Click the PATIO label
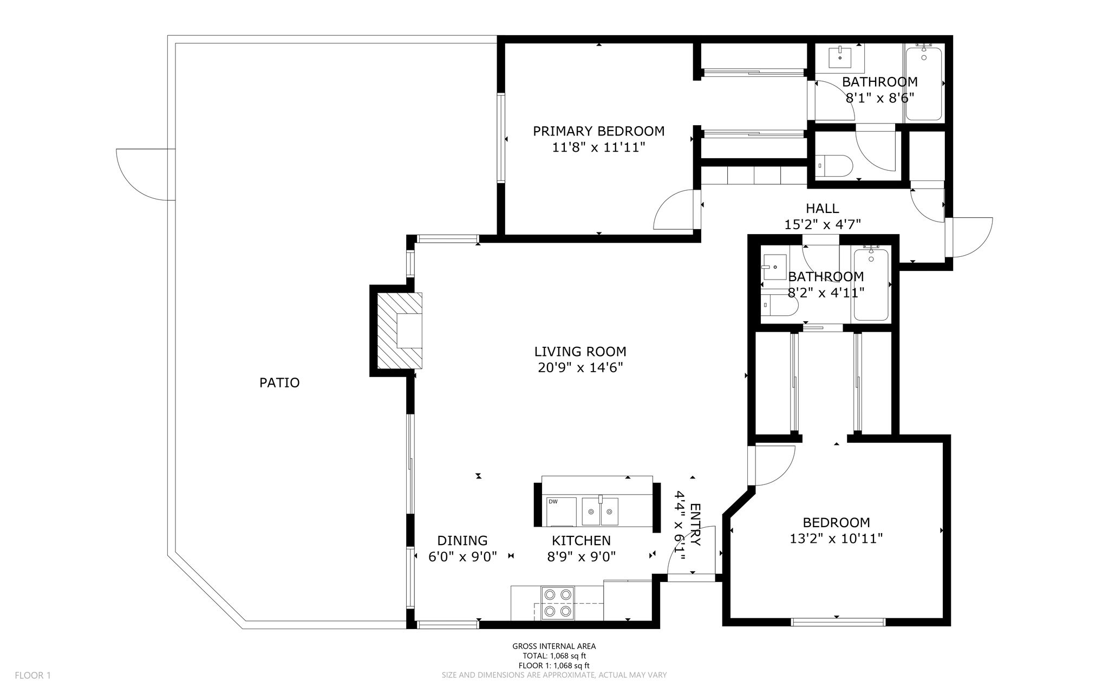coord(279,383)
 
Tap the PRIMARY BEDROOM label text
coord(599,131)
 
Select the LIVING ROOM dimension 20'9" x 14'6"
coord(580,368)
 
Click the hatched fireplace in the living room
coord(400,331)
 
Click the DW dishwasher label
coord(553,502)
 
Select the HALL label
coord(823,208)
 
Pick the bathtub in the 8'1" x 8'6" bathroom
coord(924,84)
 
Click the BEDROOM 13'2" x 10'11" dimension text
coord(836,539)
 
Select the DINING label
coord(462,541)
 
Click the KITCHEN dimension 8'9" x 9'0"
coord(582,557)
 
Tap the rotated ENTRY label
coord(695,525)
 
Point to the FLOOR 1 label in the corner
coord(32,676)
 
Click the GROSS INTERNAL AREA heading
coord(554,646)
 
